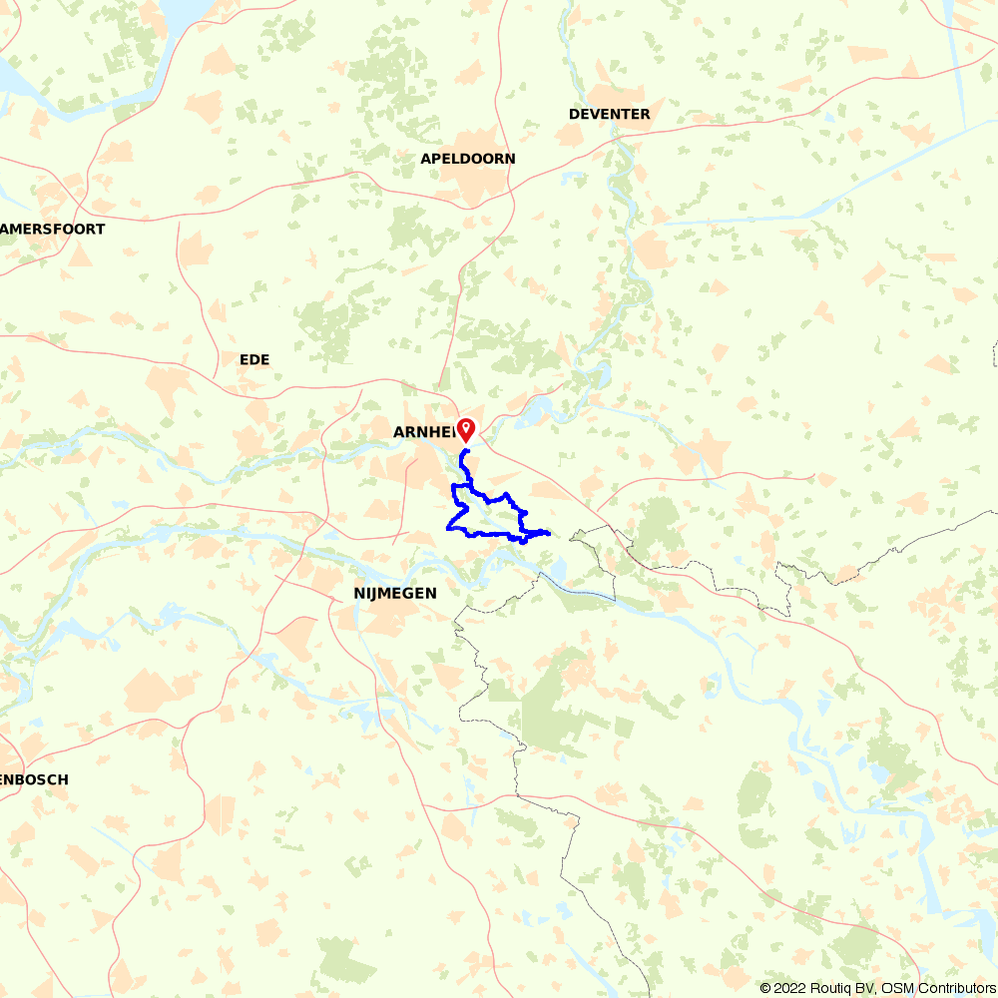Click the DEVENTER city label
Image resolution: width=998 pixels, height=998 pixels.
pyautogui.click(x=609, y=114)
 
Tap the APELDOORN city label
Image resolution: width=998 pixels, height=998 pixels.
pyautogui.click(x=467, y=159)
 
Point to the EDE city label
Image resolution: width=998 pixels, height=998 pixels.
pyautogui.click(x=254, y=359)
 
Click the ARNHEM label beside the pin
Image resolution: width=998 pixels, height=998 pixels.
pyautogui.click(x=423, y=432)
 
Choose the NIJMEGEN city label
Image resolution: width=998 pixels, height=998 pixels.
pyautogui.click(x=394, y=593)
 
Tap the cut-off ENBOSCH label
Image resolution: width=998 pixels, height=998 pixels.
pyautogui.click(x=34, y=779)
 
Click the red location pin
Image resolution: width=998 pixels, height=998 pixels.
pyautogui.click(x=466, y=428)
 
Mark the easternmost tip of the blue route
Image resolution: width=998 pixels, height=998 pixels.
pyautogui.click(x=550, y=533)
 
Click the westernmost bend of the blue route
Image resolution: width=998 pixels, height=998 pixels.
pyautogui.click(x=446, y=528)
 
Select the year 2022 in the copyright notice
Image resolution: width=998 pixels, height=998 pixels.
pyautogui.click(x=793, y=988)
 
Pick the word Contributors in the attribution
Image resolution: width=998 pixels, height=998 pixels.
pyautogui.click(x=956, y=988)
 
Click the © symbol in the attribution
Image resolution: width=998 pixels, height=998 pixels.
pyautogui.click(x=765, y=988)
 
